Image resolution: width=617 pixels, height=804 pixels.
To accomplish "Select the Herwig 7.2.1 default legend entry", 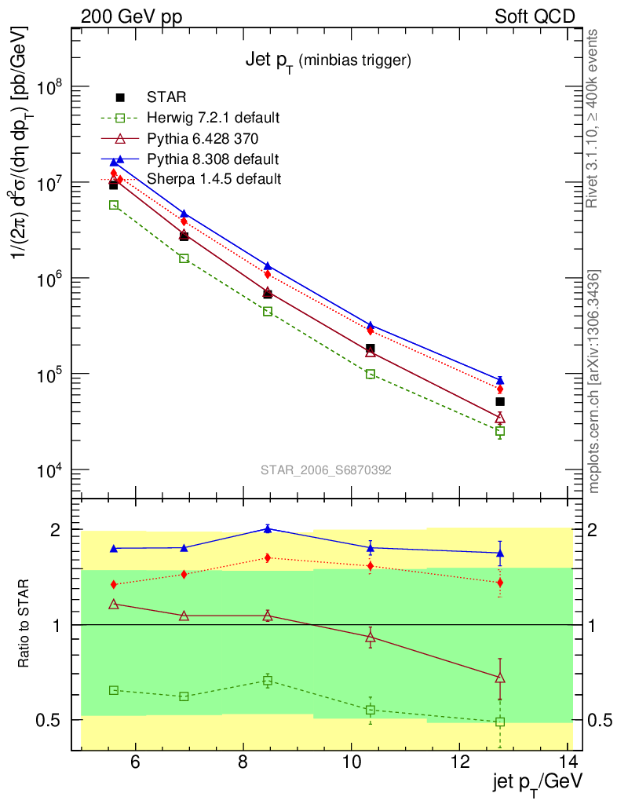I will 213,119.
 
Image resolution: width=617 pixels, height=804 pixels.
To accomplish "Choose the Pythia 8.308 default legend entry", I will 213,159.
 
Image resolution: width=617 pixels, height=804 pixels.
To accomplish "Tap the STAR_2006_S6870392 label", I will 326,470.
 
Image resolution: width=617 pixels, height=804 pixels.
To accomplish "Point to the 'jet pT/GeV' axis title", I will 537,783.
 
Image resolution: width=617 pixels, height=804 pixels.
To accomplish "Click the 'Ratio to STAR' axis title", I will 25,624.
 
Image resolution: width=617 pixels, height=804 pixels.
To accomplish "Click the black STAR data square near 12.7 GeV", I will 500,401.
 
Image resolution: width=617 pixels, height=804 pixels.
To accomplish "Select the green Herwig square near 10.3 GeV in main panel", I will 371,374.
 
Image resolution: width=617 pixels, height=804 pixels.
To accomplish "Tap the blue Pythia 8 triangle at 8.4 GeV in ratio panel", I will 268,528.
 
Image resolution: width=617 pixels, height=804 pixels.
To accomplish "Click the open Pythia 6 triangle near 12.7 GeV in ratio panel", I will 500,677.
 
